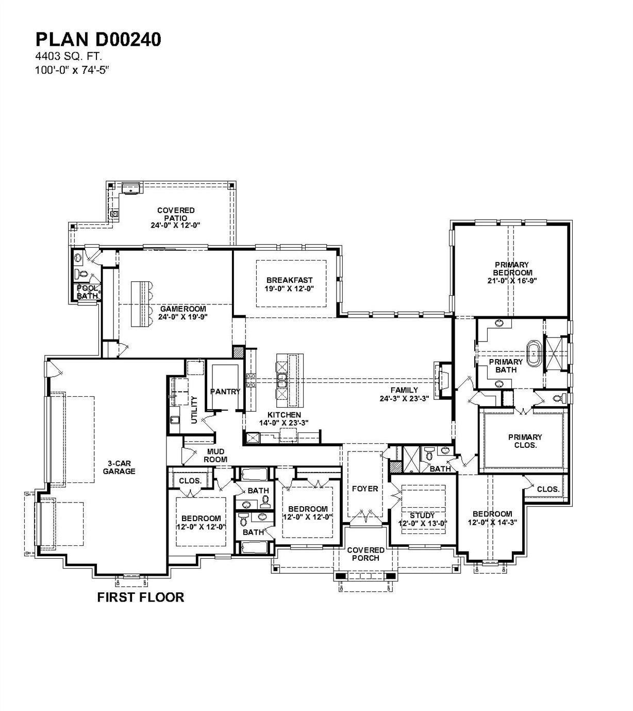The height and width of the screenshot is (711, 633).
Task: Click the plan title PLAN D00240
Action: tap(98, 40)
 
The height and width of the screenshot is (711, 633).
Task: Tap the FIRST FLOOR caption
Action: tap(140, 597)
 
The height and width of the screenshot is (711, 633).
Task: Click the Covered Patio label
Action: tap(176, 214)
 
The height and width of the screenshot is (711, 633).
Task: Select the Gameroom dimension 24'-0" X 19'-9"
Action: tap(183, 317)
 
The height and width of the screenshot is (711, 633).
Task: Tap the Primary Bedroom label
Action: tap(512, 269)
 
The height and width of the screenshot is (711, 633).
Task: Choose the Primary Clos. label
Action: tap(525, 441)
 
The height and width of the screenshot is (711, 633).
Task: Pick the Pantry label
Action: tap(225, 392)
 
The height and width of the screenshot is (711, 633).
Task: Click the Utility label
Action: tap(194, 410)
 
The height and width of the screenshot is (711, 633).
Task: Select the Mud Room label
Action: tap(216, 456)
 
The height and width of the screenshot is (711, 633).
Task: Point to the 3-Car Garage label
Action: tap(119, 467)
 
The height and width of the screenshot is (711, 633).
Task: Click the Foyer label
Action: tap(365, 488)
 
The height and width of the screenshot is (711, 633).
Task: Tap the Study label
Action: tap(422, 515)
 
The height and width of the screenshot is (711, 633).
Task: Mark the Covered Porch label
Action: tap(365, 554)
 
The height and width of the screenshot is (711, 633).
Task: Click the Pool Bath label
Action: tap(87, 292)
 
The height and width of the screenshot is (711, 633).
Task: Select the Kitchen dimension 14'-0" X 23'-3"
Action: tap(284, 422)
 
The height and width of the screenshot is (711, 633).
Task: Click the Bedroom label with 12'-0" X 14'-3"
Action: tap(492, 514)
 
